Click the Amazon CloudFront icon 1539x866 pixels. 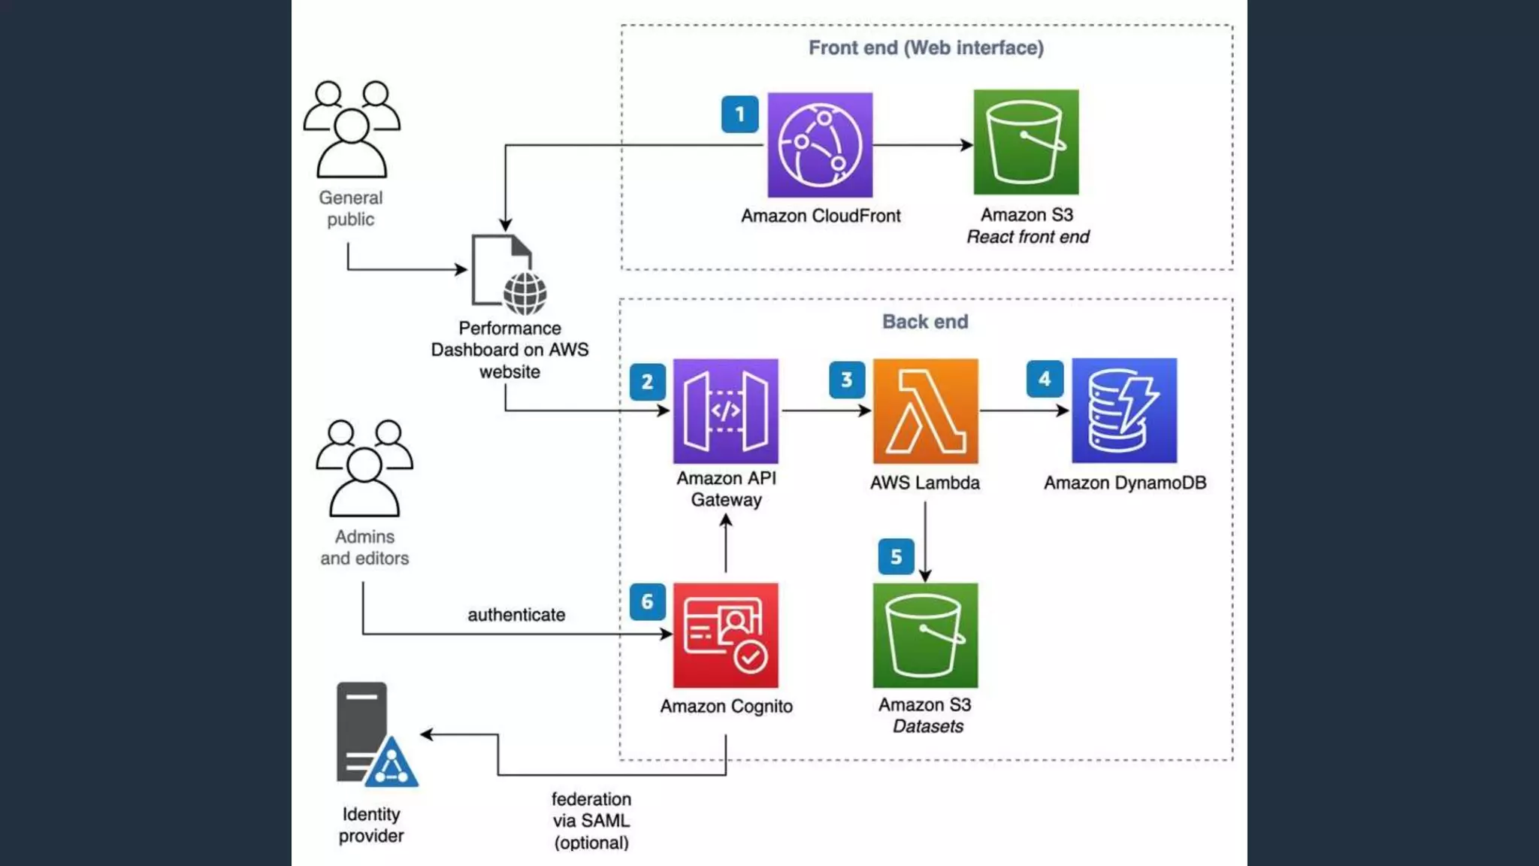point(820,145)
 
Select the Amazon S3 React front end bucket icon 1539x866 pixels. point(1026,143)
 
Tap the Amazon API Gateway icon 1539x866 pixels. point(725,410)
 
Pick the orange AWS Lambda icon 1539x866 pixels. point(925,410)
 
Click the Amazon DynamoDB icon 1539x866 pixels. point(1124,410)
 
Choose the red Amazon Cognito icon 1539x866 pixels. point(725,634)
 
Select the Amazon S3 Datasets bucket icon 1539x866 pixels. point(925,634)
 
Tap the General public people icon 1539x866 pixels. point(351,129)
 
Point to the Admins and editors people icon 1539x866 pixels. point(364,468)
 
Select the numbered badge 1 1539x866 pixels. point(739,114)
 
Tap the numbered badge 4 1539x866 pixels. point(1045,379)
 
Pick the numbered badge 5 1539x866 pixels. point(896,557)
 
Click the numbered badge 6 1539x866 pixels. point(647,601)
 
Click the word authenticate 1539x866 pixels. point(516,615)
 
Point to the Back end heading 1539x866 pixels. point(925,322)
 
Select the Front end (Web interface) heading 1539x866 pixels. point(926,48)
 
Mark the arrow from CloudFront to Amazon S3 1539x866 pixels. point(923,145)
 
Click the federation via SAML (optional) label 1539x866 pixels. point(591,821)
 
